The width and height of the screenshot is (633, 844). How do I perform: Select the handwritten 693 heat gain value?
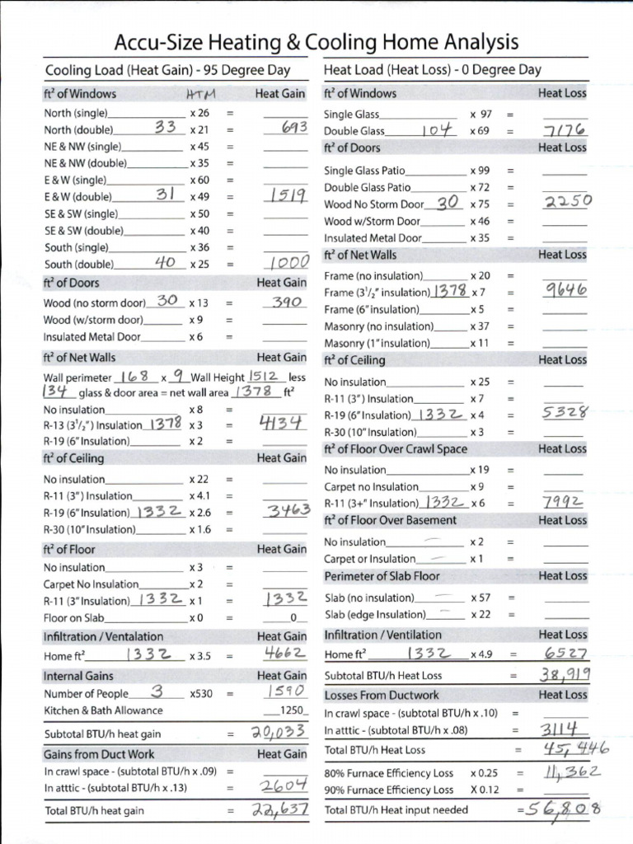coord(288,128)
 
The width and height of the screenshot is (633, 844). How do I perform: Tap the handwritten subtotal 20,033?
coord(279,732)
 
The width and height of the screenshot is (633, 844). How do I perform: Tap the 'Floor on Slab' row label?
coord(73,617)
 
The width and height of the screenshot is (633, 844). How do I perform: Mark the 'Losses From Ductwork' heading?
coord(379,695)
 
